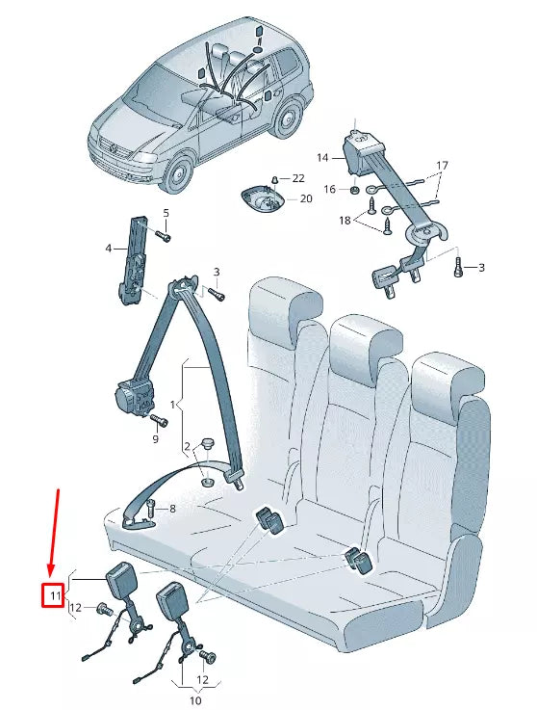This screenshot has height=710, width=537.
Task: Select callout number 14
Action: (x=322, y=156)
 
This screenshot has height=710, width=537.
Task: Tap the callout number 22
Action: (x=298, y=178)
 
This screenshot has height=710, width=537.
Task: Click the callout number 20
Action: (x=306, y=198)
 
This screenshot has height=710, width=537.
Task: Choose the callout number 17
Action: (x=442, y=166)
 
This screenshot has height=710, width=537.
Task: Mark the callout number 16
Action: (x=330, y=190)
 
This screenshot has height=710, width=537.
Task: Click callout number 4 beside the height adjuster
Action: (x=109, y=249)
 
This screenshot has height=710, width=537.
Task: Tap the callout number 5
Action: (x=165, y=212)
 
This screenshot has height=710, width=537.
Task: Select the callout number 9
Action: (x=154, y=439)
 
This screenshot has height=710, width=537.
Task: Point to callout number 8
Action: (x=173, y=508)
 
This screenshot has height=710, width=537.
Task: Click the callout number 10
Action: (x=195, y=700)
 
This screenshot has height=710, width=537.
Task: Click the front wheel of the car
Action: (x=177, y=174)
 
